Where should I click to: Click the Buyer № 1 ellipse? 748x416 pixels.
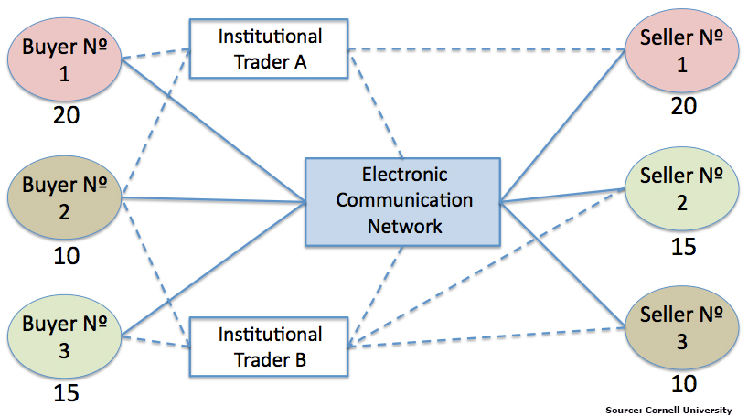coord(64,59)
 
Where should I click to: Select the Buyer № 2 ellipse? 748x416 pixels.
coord(64,197)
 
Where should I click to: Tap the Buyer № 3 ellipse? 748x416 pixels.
coord(64,336)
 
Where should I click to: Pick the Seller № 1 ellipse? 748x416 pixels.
coord(681,50)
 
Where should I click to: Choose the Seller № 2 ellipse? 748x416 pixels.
coord(681,189)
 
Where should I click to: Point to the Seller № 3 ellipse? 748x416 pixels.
coord(681,327)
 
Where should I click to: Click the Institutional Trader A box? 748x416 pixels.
coord(269,48)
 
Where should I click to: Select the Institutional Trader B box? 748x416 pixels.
coord(269,347)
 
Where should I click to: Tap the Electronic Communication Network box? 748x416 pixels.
coord(403,202)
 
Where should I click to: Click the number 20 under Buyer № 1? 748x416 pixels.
coord(67,115)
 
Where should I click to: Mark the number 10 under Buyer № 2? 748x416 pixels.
coord(67,256)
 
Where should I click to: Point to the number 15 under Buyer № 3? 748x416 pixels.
coord(67,393)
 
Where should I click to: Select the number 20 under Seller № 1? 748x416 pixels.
coord(684,106)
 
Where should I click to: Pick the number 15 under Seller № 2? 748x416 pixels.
coord(684,247)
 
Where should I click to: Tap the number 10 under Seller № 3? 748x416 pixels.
coord(684,384)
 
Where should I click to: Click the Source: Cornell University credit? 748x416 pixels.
coord(668,410)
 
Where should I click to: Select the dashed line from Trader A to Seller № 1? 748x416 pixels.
coord(486,49)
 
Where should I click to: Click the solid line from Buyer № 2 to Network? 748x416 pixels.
coord(214,200)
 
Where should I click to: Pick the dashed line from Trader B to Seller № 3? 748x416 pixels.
coord(486,337)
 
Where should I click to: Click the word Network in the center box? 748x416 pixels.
coord(404,226)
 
